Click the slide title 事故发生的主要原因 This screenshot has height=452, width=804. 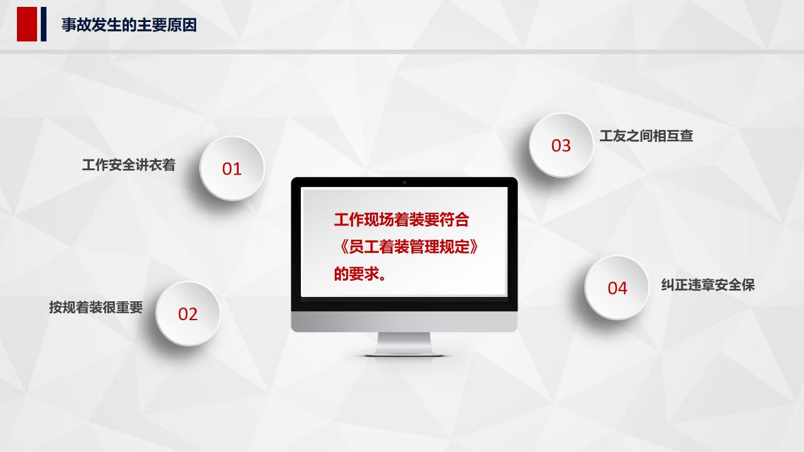point(129,25)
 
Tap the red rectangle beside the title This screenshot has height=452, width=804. point(27,24)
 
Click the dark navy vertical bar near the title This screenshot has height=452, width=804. point(43,24)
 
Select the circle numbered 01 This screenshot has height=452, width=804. point(232,168)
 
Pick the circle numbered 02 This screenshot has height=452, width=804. point(188,313)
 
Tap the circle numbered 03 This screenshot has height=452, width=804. point(561,145)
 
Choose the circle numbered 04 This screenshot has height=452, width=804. point(617,288)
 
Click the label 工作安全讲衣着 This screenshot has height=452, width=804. point(129,165)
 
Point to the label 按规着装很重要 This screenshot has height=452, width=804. point(96,308)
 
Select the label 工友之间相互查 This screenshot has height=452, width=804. point(646,136)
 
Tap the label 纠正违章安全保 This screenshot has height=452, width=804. point(708,284)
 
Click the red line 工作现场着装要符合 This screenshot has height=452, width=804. point(401,220)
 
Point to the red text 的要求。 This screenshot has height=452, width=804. point(360,274)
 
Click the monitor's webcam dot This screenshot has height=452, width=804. point(404,182)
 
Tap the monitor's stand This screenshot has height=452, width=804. point(404,344)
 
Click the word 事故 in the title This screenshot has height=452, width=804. point(75,25)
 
